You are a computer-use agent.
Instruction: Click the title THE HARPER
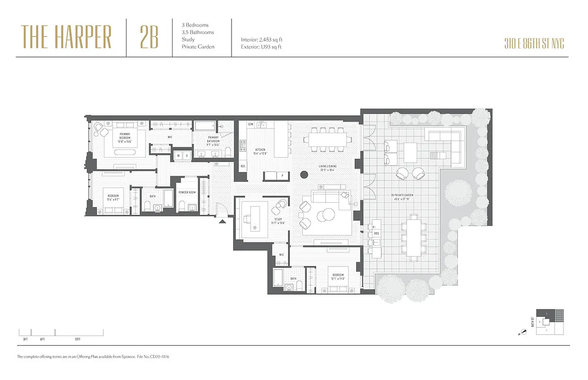point(66,37)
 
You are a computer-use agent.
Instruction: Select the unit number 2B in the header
point(149,38)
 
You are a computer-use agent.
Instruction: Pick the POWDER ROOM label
point(187,193)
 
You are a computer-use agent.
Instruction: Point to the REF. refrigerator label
point(243,166)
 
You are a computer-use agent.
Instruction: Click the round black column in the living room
point(303,174)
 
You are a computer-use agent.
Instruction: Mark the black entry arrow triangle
point(222,220)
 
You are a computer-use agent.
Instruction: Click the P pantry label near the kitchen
point(282,175)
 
